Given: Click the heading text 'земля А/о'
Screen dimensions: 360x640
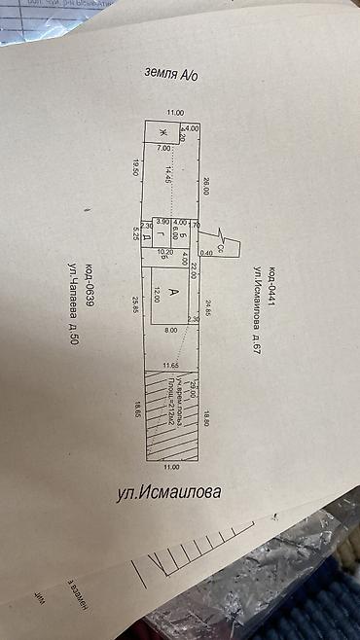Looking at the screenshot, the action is pyautogui.click(x=170, y=74).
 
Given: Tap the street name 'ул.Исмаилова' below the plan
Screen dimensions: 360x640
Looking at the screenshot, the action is pyautogui.click(x=168, y=492).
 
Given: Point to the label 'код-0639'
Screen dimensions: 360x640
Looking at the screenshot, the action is pyautogui.click(x=90, y=285).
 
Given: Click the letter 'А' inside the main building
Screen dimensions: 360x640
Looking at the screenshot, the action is pyautogui.click(x=172, y=293).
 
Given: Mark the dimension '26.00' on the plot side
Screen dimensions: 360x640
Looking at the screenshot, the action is pyautogui.click(x=207, y=186).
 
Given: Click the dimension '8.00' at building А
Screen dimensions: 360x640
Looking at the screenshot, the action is pyautogui.click(x=171, y=331).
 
